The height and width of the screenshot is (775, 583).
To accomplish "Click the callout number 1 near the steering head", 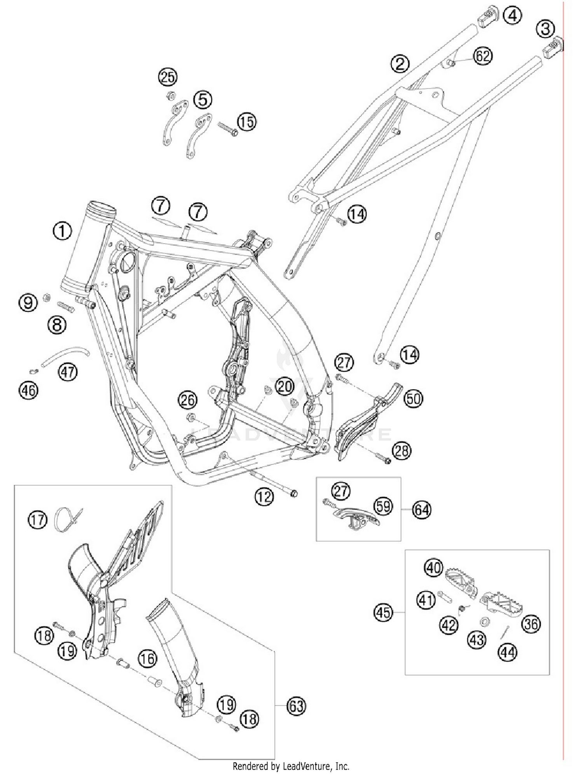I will coord(62,231).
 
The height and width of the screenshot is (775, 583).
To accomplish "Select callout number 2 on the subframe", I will coord(400,64).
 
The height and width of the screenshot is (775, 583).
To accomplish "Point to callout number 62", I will coord(483,56).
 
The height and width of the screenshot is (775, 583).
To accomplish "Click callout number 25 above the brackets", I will coord(168,77).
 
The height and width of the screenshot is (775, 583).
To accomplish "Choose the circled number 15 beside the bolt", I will coord(247,122).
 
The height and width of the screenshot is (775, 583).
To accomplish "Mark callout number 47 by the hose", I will coord(68,372).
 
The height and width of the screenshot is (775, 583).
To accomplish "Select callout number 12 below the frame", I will coord(264,497).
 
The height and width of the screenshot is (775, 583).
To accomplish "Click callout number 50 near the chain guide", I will coord(413,398).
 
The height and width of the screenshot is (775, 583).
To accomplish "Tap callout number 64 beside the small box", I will coord(422,510).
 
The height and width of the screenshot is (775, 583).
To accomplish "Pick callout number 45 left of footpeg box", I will coord(383,613).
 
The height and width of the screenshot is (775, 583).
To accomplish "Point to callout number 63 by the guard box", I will coord(296,705).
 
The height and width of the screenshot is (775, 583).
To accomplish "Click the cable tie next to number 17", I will coord(66,519).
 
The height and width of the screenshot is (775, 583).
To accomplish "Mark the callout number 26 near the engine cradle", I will coord(187,400).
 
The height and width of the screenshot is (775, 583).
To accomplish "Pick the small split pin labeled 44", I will coord(504,632).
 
